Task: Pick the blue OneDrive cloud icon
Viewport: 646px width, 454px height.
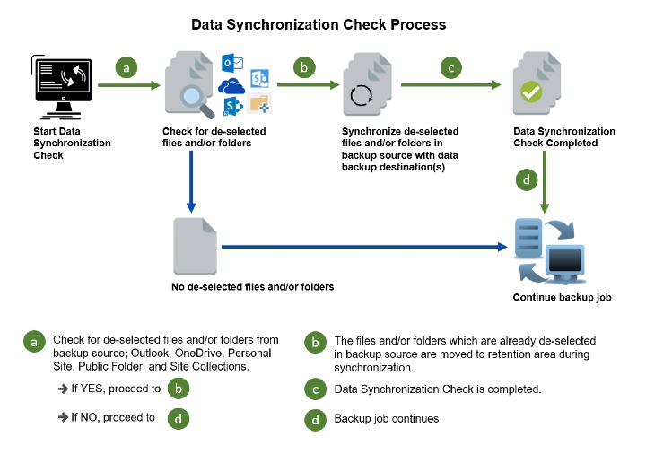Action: [x=232, y=86]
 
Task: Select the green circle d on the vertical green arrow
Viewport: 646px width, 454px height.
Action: [x=529, y=180]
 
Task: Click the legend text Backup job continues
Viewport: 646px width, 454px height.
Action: [x=386, y=418]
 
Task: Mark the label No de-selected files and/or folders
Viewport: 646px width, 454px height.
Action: [x=252, y=287]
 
